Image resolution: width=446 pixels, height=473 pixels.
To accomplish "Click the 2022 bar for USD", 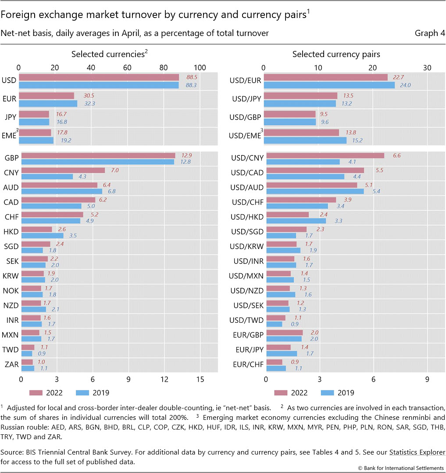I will [x=99, y=77].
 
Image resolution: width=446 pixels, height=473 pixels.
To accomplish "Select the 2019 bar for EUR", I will [x=48, y=104].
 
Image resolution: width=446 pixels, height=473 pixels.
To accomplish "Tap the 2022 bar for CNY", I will [x=63, y=170].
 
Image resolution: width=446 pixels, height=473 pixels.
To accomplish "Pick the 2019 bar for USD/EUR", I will [x=329, y=85].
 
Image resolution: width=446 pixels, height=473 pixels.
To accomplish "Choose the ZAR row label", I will [x=11, y=365].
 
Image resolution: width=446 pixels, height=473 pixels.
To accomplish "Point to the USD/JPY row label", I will [x=246, y=99].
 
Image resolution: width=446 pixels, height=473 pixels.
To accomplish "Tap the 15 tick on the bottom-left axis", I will [x=200, y=379].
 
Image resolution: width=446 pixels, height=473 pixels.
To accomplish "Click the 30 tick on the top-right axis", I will [x=427, y=68].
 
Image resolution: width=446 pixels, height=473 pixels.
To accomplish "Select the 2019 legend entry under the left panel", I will [x=93, y=393].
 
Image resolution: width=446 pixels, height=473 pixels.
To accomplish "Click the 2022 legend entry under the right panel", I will [x=291, y=393].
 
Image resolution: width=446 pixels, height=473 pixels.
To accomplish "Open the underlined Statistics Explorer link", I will [x=417, y=452].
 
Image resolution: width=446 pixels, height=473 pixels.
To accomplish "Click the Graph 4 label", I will [x=430, y=33].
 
